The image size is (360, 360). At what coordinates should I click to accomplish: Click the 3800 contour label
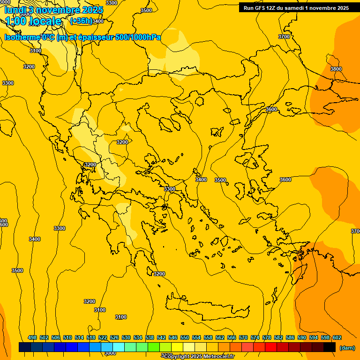336,69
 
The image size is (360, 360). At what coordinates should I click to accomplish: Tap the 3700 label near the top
284,37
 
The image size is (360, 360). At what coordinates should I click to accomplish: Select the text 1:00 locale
33,21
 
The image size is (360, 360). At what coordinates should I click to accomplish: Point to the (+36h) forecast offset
81,21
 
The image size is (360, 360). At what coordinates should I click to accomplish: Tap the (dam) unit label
347,348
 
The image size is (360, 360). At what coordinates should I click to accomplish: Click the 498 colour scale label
32,337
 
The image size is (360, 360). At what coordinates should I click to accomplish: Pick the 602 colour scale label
337,337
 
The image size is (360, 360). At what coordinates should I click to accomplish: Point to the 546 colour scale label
173,337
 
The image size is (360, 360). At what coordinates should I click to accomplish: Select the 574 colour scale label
255,337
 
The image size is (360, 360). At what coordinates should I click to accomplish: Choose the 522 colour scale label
103,337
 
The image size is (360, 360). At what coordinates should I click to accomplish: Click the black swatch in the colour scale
330,347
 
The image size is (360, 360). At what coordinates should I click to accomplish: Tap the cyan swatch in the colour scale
119,347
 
